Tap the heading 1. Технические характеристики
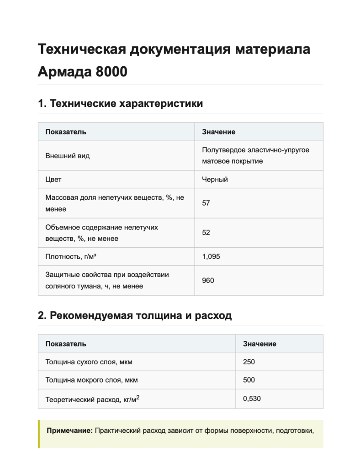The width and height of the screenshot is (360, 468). pyautogui.click(x=120, y=103)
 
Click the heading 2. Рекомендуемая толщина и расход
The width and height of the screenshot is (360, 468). pyautogui.click(x=135, y=315)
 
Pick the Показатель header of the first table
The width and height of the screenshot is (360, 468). pyautogui.click(x=66, y=132)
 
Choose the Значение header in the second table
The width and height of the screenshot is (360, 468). pyautogui.click(x=259, y=344)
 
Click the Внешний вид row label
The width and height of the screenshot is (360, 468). pyautogui.click(x=68, y=155)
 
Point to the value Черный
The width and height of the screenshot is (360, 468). pyautogui.click(x=215, y=179)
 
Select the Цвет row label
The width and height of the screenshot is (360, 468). pyautogui.click(x=53, y=179)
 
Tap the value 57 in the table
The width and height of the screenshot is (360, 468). pyautogui.click(x=206, y=203)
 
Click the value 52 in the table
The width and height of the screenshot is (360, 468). pyautogui.click(x=206, y=233)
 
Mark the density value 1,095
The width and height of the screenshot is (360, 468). pyautogui.click(x=211, y=256)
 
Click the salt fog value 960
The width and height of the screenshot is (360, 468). pyautogui.click(x=208, y=280)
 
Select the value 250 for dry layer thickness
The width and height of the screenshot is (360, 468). pyautogui.click(x=249, y=362)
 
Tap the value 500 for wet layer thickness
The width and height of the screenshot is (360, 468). pyautogui.click(x=249, y=380)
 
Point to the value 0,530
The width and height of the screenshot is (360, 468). pyautogui.click(x=252, y=399)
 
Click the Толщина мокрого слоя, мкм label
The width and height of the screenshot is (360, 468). pyautogui.click(x=91, y=380)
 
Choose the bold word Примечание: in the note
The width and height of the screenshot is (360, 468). pyautogui.click(x=70, y=431)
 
